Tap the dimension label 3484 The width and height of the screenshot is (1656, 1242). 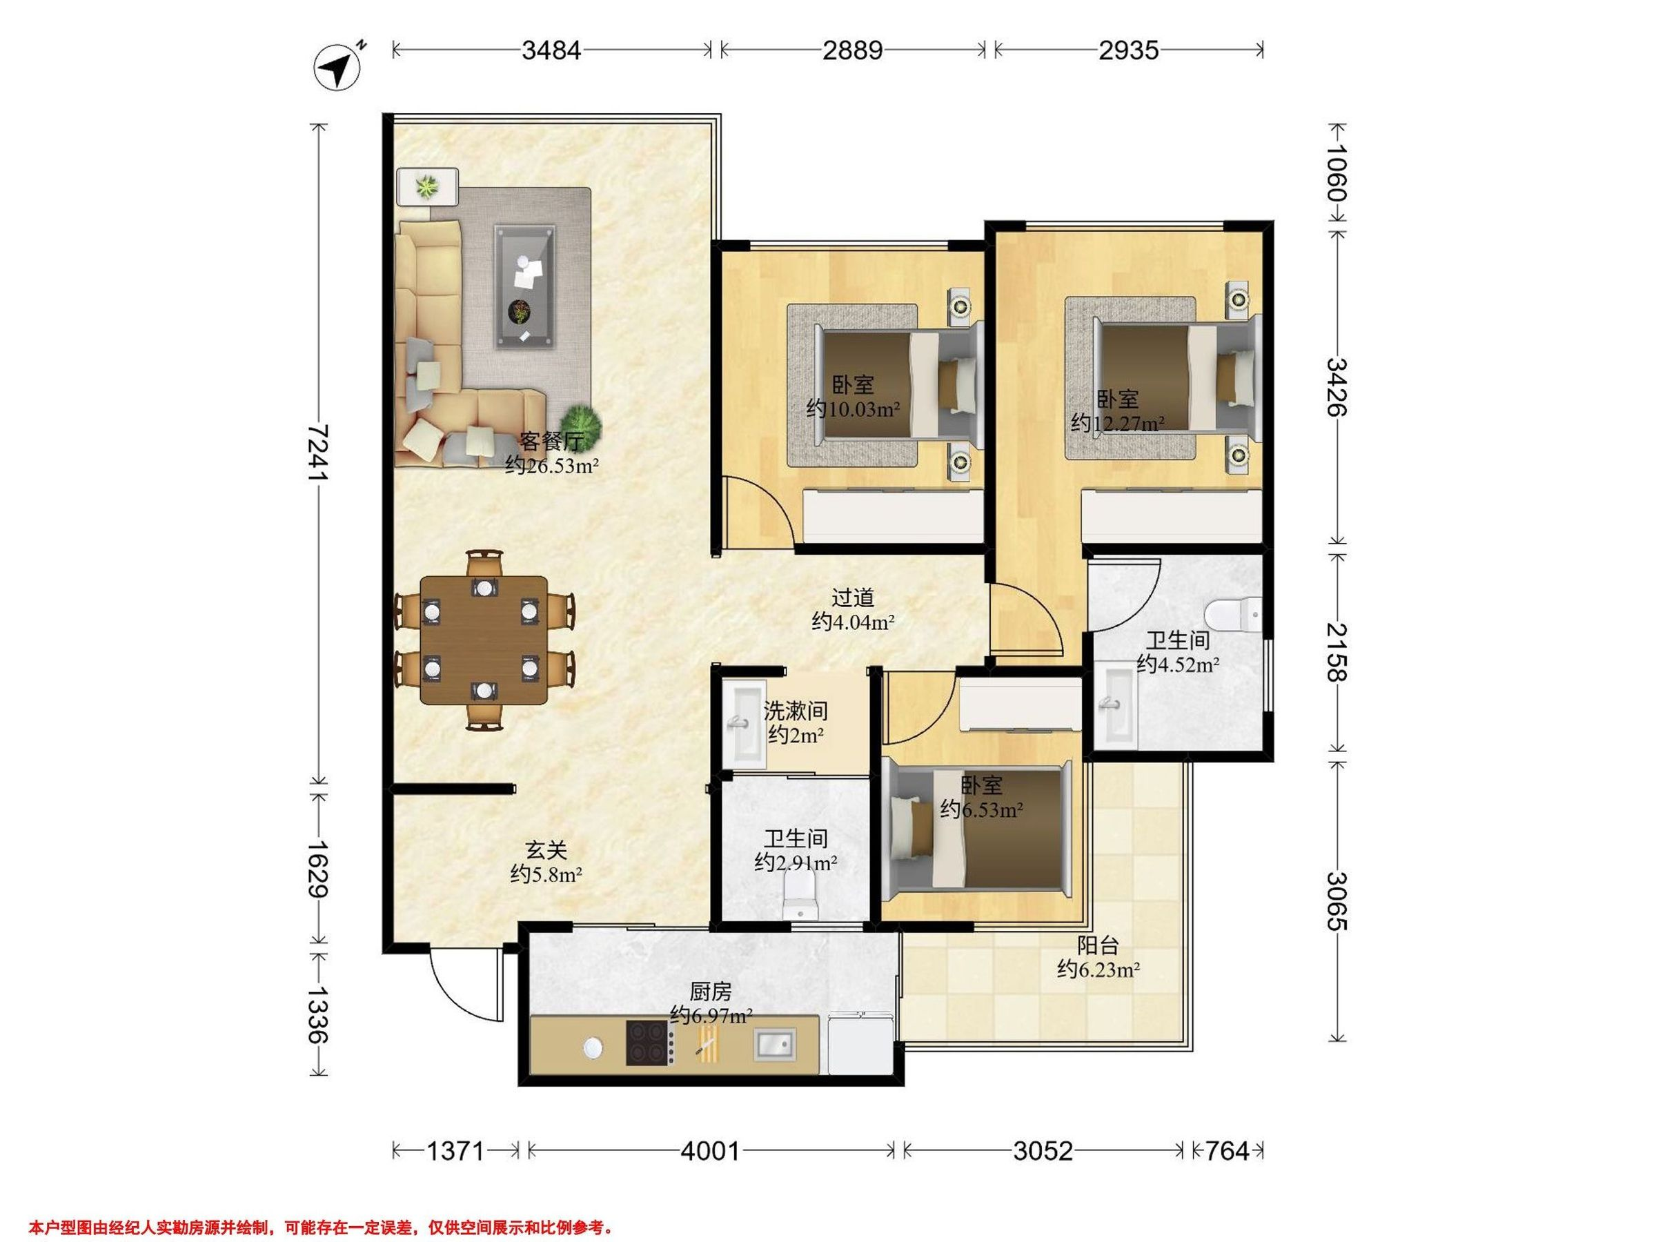tap(552, 50)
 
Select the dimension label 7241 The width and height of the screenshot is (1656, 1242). tap(319, 453)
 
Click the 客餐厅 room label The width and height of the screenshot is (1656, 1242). tap(552, 441)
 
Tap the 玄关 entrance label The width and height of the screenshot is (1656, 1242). tap(546, 849)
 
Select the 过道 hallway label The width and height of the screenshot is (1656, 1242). tap(853, 598)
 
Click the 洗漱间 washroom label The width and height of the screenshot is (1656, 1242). tap(796, 710)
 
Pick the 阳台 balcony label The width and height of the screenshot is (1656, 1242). tap(1098, 945)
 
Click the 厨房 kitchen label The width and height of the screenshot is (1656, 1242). tap(711, 992)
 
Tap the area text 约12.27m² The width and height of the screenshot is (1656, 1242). tap(1117, 424)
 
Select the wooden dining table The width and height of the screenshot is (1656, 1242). tap(484, 640)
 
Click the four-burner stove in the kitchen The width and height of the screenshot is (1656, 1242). tap(649, 1043)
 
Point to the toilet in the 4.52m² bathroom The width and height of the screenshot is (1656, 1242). tap(1234, 615)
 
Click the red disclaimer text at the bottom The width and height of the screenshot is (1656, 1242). tap(320, 1227)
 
